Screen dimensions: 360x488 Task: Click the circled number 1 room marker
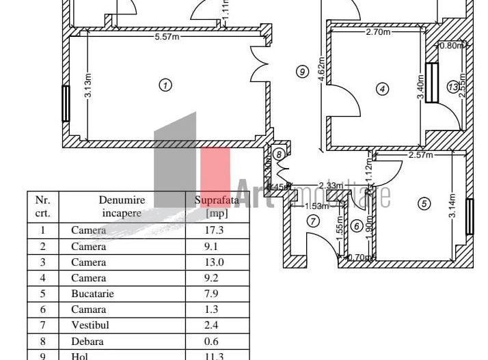pyautogui.click(x=165, y=85)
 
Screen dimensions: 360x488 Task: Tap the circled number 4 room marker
pyautogui.click(x=382, y=88)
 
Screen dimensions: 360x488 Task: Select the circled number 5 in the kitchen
pyautogui.click(x=424, y=204)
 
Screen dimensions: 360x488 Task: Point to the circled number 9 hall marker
pyautogui.click(x=301, y=70)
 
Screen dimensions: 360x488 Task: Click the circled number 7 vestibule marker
pyautogui.click(x=313, y=221)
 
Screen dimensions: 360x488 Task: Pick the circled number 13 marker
pyautogui.click(x=452, y=87)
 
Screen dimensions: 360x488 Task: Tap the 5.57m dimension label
pyautogui.click(x=167, y=37)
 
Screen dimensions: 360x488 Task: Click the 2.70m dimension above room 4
pyautogui.click(x=378, y=32)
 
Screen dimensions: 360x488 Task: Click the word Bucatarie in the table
pyautogui.click(x=92, y=294)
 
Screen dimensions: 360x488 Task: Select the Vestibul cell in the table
pyautogui.click(x=89, y=325)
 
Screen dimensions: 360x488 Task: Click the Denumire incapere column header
pyautogui.click(x=121, y=206)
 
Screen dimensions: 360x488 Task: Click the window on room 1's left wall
pyautogui.click(x=66, y=103)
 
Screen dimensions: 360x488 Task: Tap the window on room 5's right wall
pyautogui.click(x=470, y=216)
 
